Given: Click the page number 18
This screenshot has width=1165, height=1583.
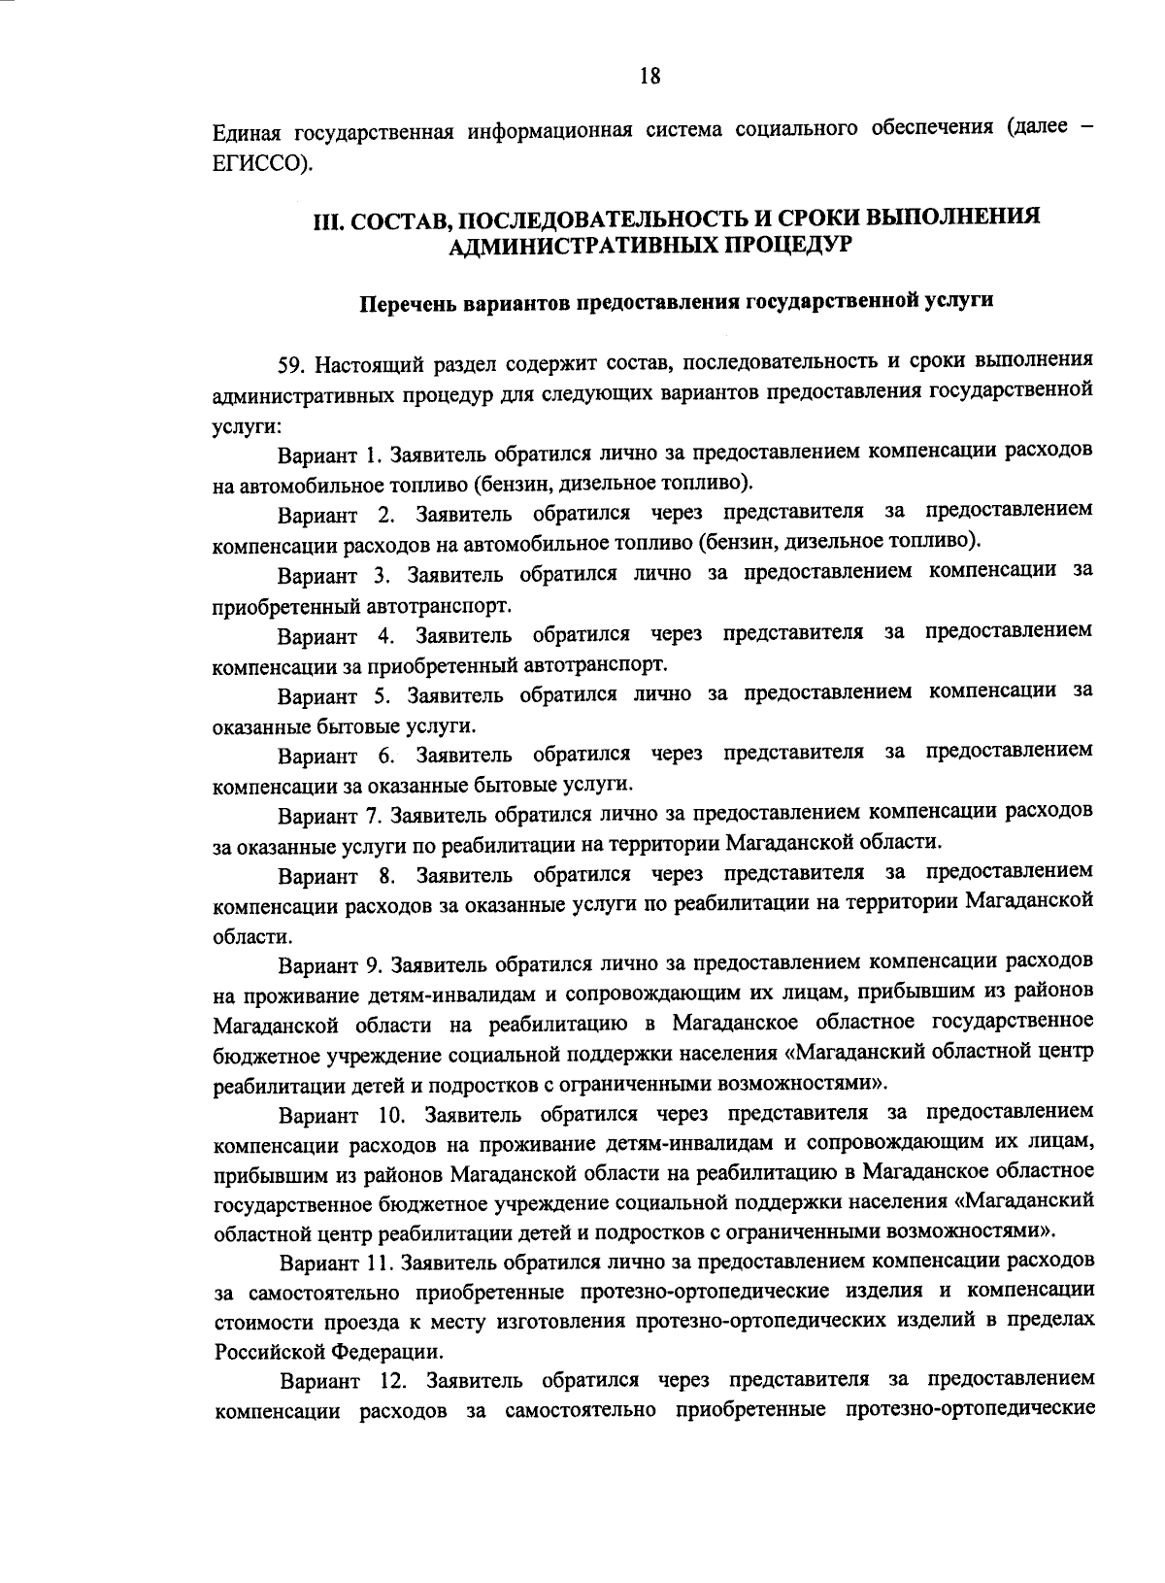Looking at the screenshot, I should pos(649,76).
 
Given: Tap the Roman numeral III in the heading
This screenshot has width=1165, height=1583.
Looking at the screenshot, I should pos(324,219).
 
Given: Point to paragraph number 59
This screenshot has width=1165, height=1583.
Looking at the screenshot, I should pos(289,364).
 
